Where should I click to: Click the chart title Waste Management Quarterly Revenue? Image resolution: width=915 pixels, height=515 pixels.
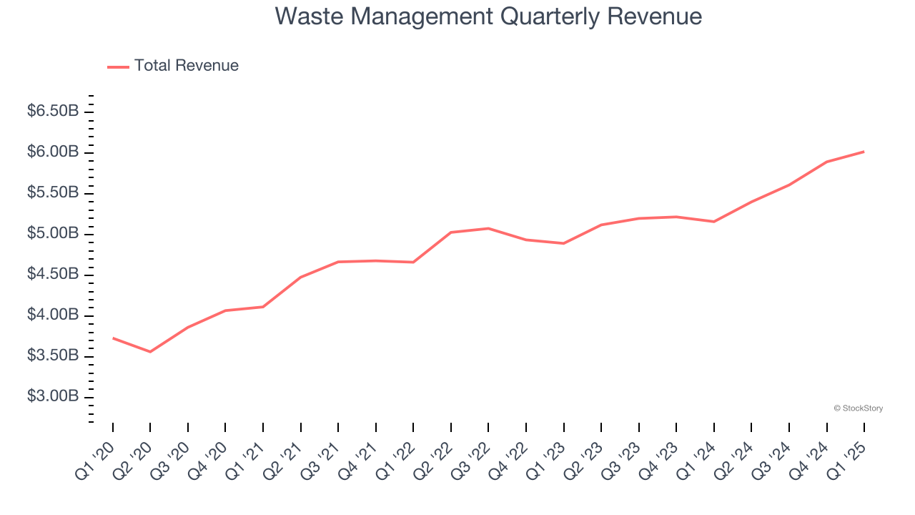coord(488,17)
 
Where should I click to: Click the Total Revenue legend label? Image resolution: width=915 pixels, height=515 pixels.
coord(186,66)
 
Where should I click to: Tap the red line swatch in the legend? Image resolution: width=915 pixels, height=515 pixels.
coord(118,67)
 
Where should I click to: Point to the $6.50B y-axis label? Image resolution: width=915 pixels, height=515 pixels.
coord(53,111)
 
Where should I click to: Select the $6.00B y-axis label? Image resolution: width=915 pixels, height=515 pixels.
coord(53,152)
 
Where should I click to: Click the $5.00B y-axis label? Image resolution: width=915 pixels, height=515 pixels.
coord(53,233)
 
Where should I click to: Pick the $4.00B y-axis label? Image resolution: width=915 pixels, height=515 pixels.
coord(53,315)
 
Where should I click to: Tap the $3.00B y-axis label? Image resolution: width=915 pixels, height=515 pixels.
coord(53,396)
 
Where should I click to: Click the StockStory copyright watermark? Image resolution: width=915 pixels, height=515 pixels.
coord(858,408)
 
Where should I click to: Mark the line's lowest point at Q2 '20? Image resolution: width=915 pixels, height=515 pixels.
coord(150,352)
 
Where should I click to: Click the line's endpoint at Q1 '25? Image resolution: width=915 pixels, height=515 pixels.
coord(864,152)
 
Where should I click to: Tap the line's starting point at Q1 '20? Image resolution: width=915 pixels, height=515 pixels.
coord(113,338)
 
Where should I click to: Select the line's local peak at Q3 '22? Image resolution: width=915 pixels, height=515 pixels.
coord(488,228)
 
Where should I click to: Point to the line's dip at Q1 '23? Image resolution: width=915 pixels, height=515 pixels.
coord(564,243)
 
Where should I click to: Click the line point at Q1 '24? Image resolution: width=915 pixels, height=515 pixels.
coord(714,222)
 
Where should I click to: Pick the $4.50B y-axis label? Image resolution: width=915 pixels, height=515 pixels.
coord(53,274)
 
